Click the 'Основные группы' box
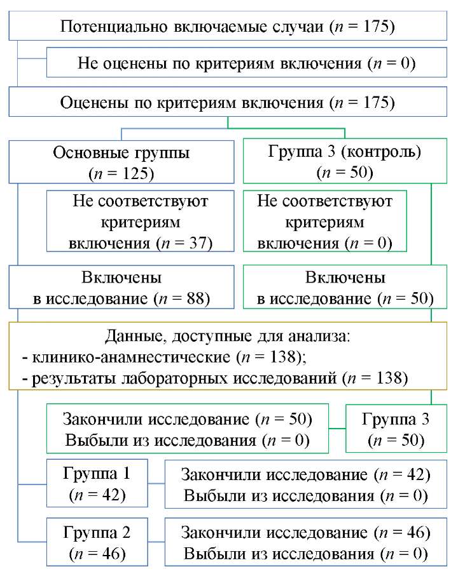click(x=121, y=162)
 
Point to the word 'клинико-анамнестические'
click(x=131, y=357)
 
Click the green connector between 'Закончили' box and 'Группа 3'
click(x=337, y=429)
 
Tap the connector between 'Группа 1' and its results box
click(x=156, y=484)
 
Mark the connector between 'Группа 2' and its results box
click(x=156, y=542)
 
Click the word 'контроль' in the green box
click(x=381, y=152)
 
